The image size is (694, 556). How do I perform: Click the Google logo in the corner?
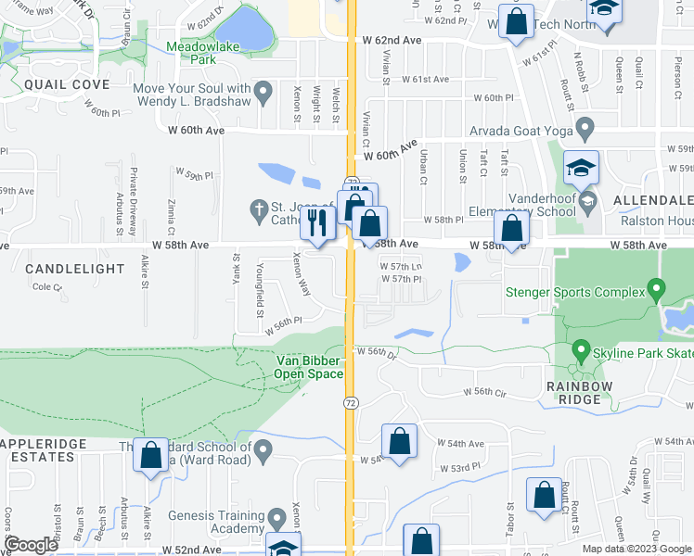pyautogui.click(x=31, y=545)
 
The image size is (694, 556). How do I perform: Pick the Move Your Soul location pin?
pyautogui.click(x=263, y=92)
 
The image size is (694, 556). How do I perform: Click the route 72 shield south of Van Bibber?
pyautogui.click(x=351, y=403)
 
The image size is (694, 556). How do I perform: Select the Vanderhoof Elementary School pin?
pyautogui.click(x=586, y=201)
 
